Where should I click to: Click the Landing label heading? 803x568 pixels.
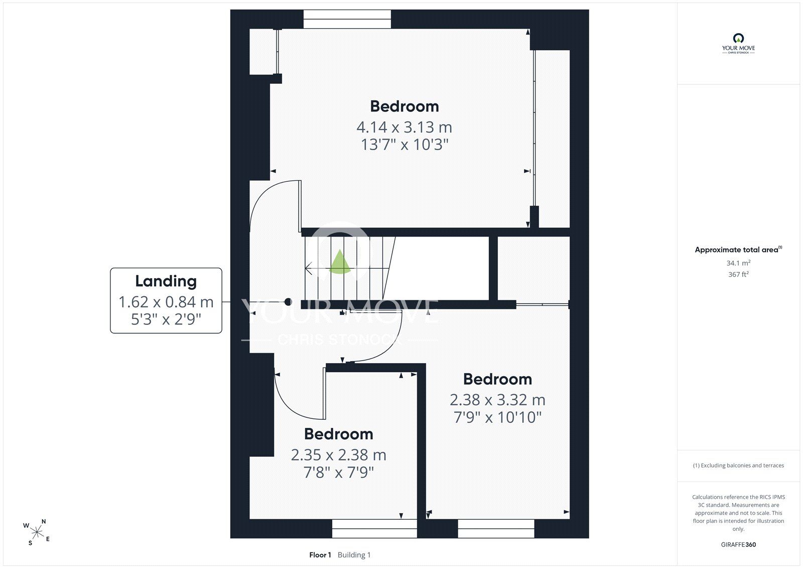(x=166, y=281)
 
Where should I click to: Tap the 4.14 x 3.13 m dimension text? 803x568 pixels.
(x=405, y=127)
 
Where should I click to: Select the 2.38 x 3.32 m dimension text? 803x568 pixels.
(x=497, y=400)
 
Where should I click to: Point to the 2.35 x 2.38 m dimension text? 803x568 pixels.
(x=339, y=455)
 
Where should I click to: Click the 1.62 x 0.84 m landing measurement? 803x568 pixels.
(x=166, y=302)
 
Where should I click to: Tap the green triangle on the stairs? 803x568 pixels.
(x=339, y=262)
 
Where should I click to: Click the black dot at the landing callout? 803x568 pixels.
(x=288, y=302)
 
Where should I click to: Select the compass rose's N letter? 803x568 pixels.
(x=44, y=521)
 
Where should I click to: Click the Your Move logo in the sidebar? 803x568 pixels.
(x=738, y=43)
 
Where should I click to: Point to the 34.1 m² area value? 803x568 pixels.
(x=738, y=263)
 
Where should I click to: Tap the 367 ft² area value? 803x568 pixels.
(x=738, y=274)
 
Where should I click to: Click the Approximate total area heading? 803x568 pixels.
(x=738, y=250)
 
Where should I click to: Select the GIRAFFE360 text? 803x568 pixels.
(x=738, y=544)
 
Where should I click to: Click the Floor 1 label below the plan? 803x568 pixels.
(x=320, y=555)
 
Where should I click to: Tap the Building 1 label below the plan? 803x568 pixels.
(x=354, y=555)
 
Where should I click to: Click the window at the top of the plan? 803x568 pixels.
(x=347, y=19)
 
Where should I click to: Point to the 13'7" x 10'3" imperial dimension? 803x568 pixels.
(x=405, y=145)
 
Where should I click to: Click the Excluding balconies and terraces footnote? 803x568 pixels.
(x=738, y=466)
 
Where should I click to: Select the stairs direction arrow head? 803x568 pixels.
(x=308, y=268)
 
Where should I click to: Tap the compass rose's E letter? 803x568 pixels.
(x=48, y=538)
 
